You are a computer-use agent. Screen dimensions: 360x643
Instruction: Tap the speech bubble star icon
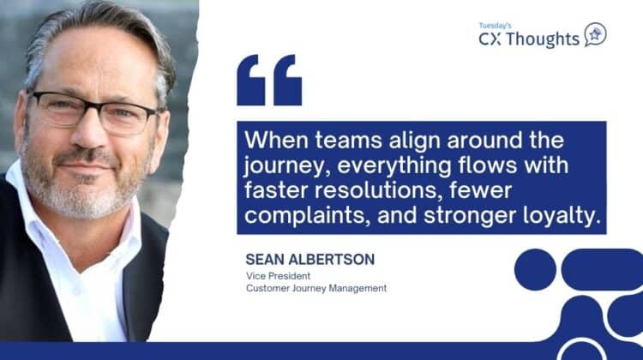point(595,34)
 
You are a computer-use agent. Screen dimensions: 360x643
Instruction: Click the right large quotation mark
point(286,80)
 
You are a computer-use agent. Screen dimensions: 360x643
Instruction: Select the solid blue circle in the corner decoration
point(538,269)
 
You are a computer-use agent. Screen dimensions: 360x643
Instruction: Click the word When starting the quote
point(273,140)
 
